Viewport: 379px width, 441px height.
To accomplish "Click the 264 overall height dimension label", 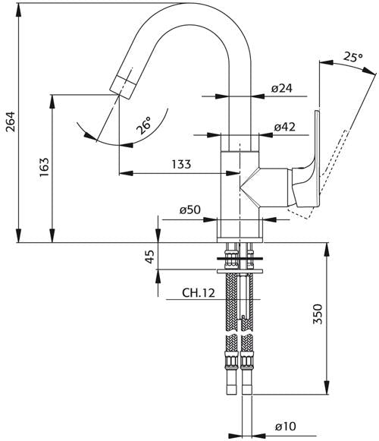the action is tap(11, 121).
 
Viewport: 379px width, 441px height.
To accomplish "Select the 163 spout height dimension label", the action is tap(44, 167).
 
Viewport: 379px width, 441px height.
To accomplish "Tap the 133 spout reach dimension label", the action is tap(181, 164).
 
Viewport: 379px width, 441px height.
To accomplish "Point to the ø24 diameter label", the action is tap(282, 89).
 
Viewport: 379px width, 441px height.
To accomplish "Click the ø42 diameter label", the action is tap(284, 127).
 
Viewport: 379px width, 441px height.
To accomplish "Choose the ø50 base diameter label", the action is tap(190, 209).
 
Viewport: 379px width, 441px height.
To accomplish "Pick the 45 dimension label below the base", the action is tap(150, 257).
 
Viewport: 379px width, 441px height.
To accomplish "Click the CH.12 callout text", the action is tap(199, 293).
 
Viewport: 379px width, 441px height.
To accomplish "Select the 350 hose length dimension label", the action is tap(318, 314).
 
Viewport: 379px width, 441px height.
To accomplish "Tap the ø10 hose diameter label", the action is tap(286, 427).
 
